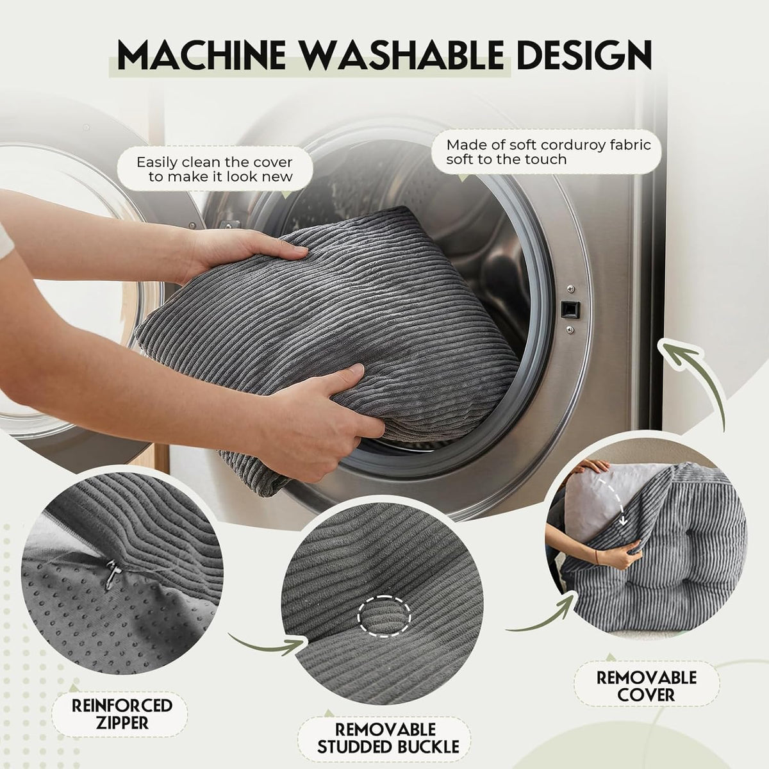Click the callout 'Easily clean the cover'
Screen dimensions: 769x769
click(x=215, y=169)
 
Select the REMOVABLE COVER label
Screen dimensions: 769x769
click(x=647, y=686)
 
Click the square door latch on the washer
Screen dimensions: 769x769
click(x=570, y=309)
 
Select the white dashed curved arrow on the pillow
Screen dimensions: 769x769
click(x=615, y=500)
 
